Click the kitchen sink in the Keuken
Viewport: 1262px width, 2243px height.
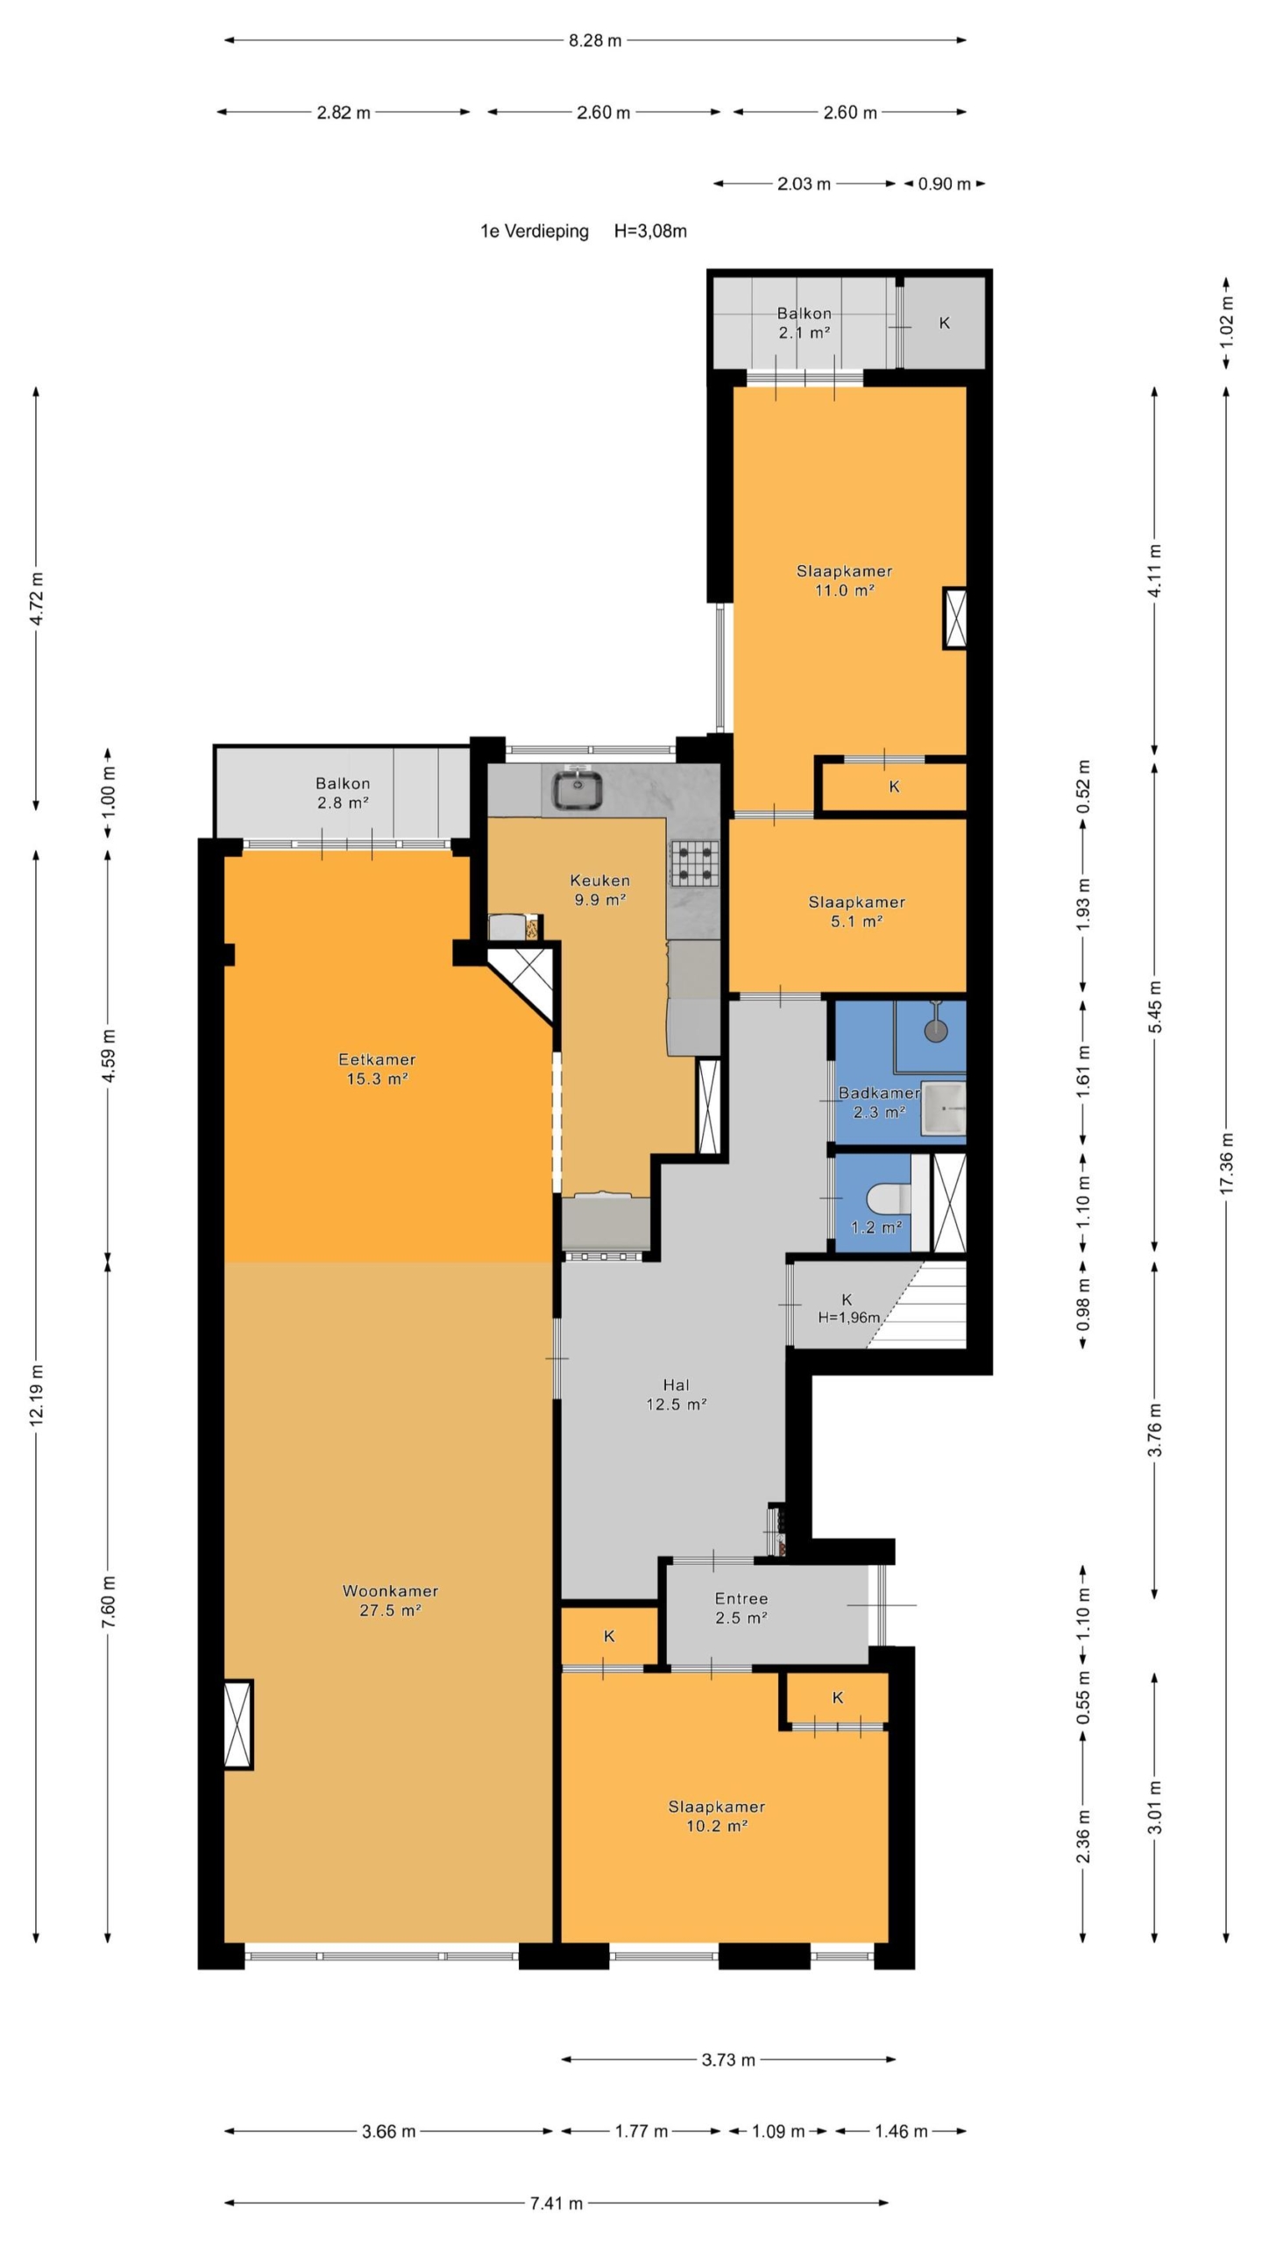point(576,789)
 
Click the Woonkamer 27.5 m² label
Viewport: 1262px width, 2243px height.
point(390,1600)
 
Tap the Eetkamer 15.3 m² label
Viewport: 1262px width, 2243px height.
point(377,1069)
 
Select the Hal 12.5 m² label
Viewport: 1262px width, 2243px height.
point(677,1394)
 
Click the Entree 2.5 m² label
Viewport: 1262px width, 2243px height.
point(741,1608)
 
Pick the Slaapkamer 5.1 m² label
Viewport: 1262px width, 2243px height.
point(856,911)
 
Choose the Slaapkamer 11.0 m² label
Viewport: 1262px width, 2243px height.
point(844,580)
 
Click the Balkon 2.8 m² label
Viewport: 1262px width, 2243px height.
point(343,793)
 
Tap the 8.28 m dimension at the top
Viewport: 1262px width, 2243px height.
point(595,40)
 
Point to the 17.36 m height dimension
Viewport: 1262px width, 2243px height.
point(1226,1162)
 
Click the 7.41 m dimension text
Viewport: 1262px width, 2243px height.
point(557,2203)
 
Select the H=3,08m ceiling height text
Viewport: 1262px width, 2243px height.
point(650,231)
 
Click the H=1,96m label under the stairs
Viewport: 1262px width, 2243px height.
point(848,1317)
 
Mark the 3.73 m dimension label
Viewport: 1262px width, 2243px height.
point(728,2059)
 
